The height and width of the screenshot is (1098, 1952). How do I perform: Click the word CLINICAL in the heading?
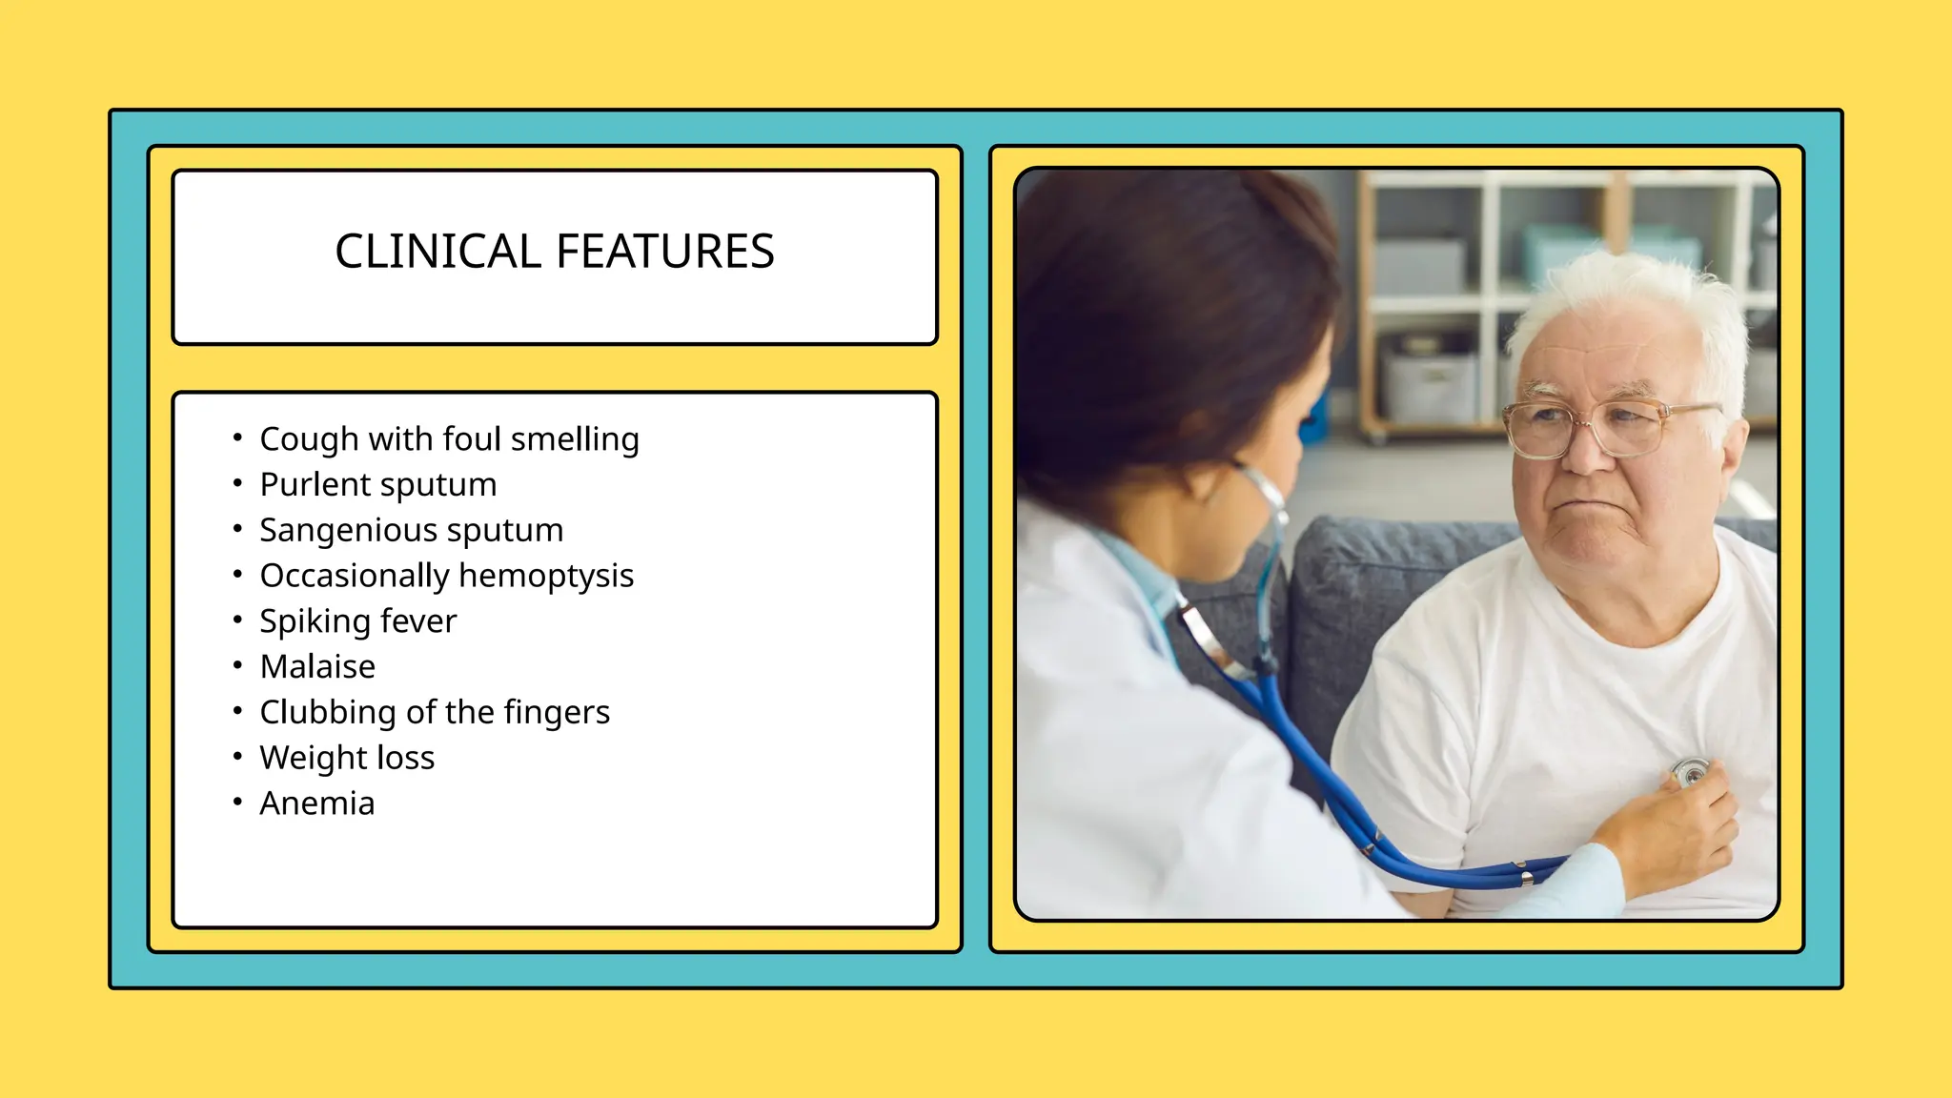(x=437, y=252)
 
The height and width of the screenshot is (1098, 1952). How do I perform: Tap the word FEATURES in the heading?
(x=664, y=252)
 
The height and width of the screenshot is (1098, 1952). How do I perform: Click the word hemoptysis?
(x=546, y=576)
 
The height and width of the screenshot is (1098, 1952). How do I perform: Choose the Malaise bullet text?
(x=317, y=666)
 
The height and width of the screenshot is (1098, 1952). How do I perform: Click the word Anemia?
(x=317, y=803)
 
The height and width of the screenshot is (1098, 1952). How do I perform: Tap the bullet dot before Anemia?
(x=237, y=803)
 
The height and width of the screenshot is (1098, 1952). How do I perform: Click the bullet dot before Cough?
(x=237, y=438)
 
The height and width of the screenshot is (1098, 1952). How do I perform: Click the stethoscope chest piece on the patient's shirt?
(x=1691, y=770)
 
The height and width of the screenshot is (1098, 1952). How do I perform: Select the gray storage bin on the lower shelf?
(x=1429, y=386)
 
